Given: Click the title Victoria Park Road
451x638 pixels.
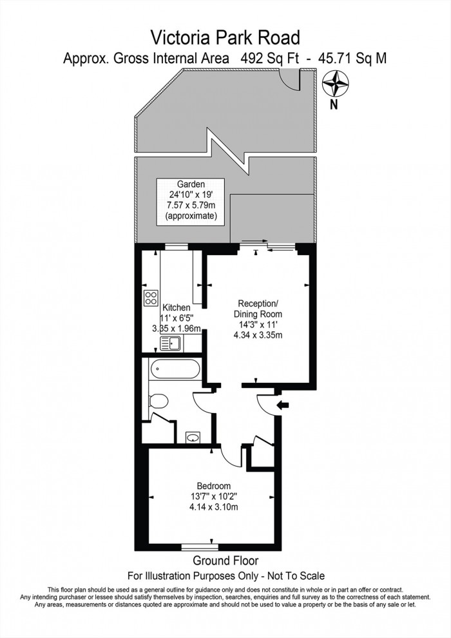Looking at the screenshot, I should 225,35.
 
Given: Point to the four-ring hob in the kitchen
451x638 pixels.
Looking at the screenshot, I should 151,298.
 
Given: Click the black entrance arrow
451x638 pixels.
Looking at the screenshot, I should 282,405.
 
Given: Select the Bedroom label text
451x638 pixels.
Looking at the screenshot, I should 214,485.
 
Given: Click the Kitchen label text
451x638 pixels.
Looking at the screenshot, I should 175,307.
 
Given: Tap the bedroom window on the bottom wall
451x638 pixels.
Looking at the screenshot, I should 197,547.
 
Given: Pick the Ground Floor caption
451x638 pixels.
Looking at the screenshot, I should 225,561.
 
